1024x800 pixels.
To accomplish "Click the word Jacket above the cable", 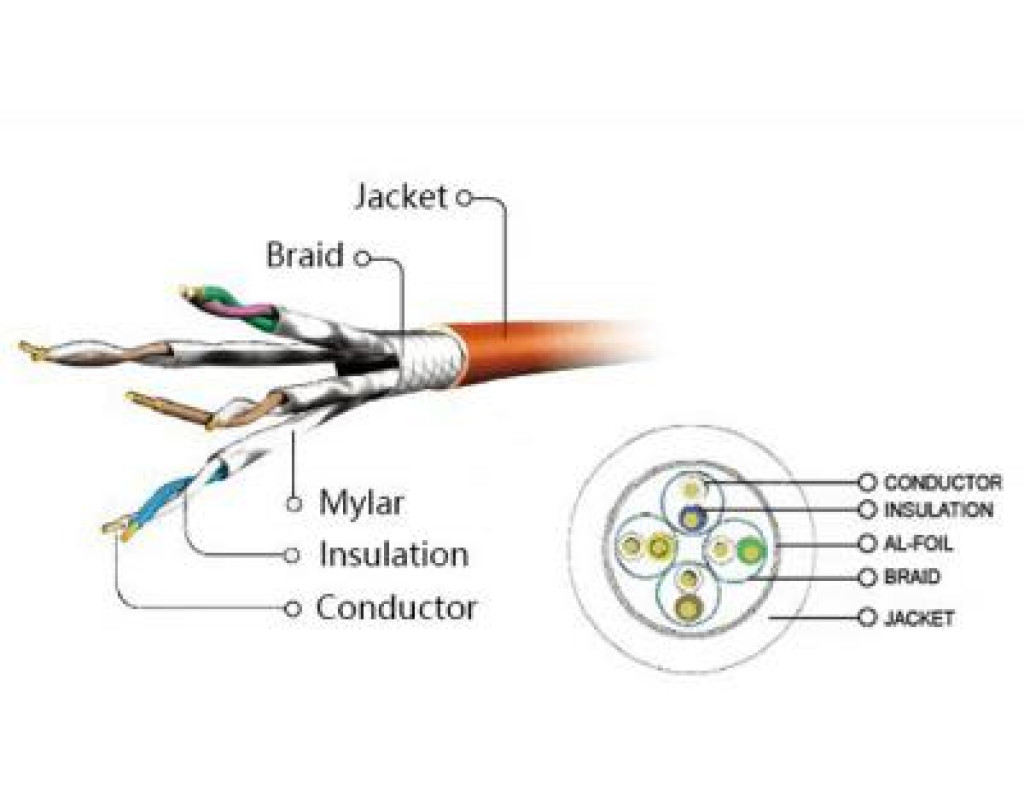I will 400,196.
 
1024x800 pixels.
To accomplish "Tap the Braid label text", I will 304,256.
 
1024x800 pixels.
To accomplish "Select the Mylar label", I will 360,502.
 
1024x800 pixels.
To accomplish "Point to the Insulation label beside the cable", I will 393,553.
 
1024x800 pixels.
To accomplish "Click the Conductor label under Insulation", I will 396,607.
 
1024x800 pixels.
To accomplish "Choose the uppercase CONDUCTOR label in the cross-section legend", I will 942,482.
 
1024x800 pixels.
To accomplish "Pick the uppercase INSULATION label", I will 938,510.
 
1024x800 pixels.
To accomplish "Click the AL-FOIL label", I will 918,544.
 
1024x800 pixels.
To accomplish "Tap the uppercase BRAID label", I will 912,577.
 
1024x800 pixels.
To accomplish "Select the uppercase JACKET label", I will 918,618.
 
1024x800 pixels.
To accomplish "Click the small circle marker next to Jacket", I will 463,197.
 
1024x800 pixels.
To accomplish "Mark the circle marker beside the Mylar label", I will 294,504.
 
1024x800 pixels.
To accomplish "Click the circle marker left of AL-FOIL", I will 867,544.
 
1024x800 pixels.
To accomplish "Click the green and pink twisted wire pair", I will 240,306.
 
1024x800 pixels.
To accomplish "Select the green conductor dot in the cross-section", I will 749,549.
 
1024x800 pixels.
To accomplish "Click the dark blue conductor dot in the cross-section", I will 689,517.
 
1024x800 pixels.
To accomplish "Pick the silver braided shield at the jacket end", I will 432,352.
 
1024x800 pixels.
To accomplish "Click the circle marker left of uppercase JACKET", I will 867,618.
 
